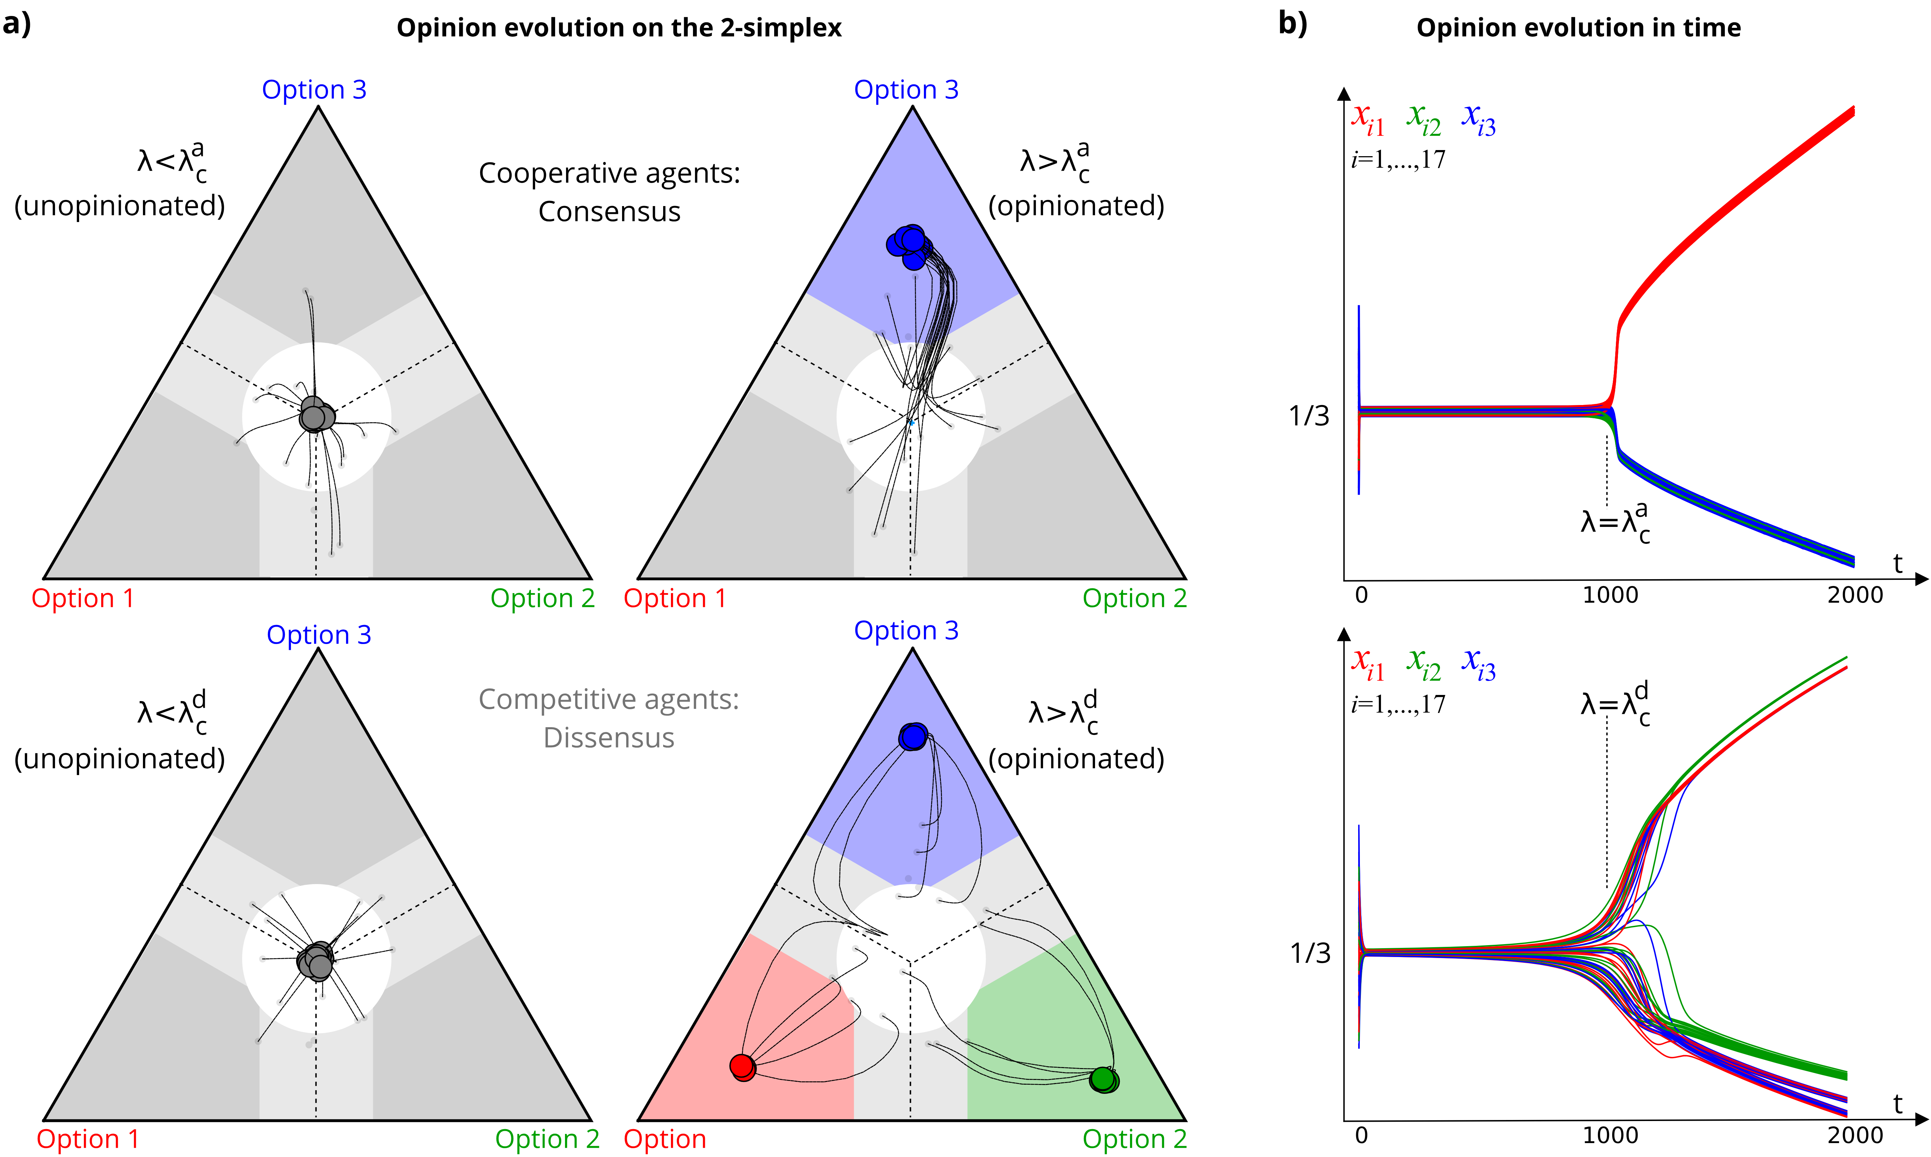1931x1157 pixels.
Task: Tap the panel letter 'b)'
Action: [1292, 23]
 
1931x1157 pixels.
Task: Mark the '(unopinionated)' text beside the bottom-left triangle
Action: [119, 758]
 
